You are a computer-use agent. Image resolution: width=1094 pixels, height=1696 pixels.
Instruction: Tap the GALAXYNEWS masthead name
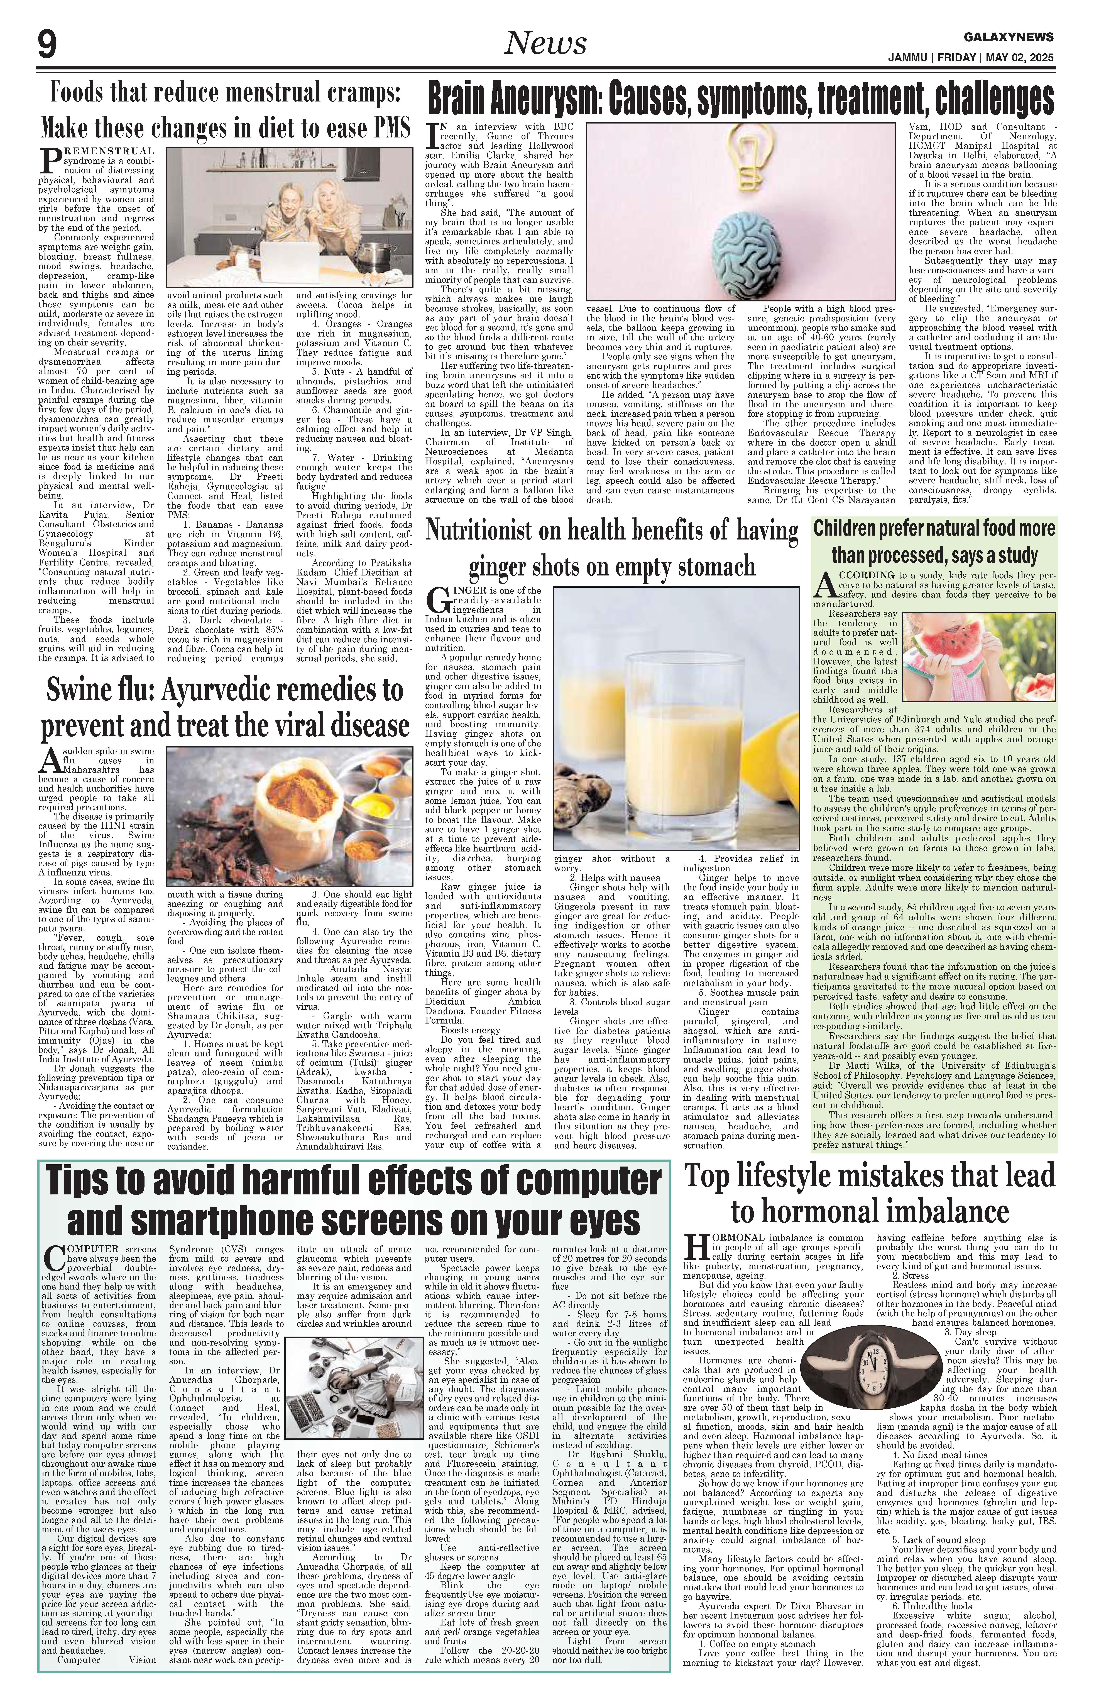(x=1009, y=37)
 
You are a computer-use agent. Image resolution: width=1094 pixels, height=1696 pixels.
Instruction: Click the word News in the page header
(x=545, y=44)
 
